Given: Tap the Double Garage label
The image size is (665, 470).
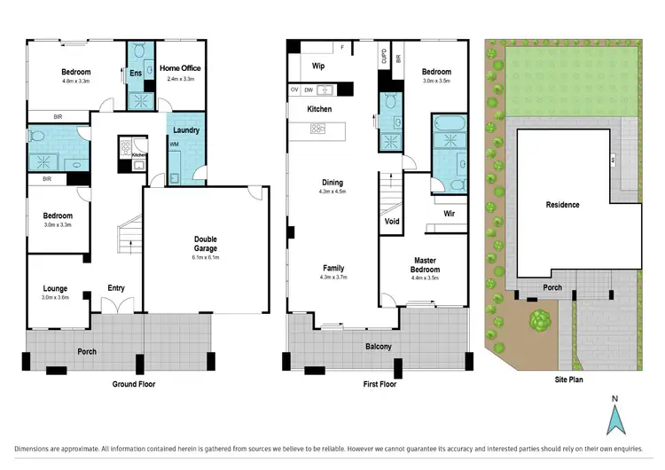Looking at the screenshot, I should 206,244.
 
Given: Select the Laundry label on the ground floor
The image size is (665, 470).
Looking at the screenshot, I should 186,130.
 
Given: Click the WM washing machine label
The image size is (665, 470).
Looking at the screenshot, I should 174,144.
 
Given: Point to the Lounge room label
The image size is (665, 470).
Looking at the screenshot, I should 56,288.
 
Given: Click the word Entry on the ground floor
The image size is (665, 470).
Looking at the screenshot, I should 116,288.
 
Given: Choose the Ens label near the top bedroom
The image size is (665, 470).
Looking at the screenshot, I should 137,73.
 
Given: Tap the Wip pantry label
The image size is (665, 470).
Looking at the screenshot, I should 317,65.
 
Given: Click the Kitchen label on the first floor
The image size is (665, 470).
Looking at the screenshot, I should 319,109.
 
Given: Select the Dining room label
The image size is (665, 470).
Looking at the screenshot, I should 332,183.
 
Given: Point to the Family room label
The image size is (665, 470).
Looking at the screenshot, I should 332,268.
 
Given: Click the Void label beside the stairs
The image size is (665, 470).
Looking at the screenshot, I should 392,222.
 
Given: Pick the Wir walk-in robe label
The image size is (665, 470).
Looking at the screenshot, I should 449,214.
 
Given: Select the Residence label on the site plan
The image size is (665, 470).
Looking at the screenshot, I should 562,205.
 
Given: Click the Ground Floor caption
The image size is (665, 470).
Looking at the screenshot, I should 118,384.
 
